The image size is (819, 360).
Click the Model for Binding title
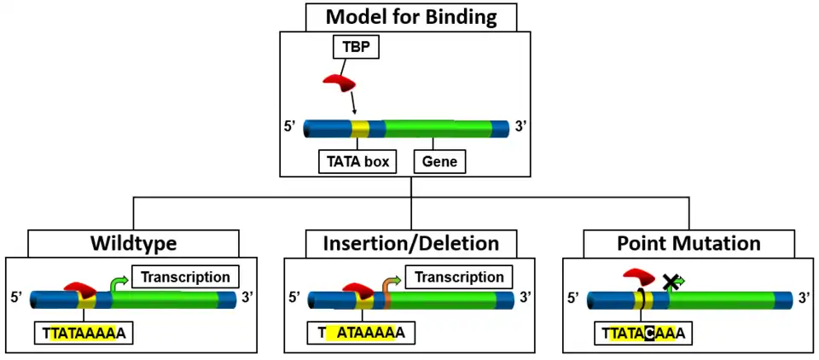[410, 16]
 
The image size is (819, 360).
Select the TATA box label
[357, 161]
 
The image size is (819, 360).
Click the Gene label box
[440, 161]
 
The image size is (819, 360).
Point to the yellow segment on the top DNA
[360, 129]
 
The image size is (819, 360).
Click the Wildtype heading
[134, 243]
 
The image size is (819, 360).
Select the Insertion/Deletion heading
[411, 243]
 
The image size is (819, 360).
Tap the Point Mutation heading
[688, 243]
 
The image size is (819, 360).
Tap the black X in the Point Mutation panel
[671, 282]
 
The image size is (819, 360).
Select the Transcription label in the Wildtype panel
[185, 277]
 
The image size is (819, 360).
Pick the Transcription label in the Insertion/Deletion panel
[459, 277]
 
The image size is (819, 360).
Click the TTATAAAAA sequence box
[84, 333]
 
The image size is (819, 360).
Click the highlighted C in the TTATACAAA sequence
[650, 333]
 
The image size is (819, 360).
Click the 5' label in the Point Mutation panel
[575, 299]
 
